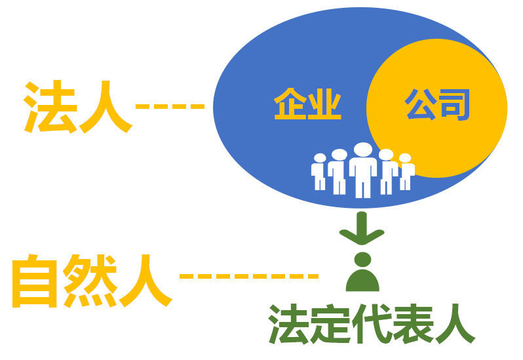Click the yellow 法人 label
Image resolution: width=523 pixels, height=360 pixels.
tap(78, 107)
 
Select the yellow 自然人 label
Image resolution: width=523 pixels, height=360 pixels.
tap(92, 281)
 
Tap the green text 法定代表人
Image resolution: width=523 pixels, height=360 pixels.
tap(372, 324)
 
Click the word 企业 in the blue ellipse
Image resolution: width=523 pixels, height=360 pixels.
tap(307, 104)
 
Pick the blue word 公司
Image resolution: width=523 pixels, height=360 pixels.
tap(437, 104)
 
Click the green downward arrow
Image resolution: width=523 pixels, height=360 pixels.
tap(362, 228)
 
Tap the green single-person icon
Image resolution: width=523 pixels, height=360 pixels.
tap(362, 271)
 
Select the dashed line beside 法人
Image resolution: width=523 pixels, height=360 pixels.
tap(170, 106)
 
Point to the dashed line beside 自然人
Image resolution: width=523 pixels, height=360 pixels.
tap(249, 276)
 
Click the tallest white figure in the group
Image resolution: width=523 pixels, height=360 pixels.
tap(363, 170)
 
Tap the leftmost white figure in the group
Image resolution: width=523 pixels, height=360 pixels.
tap(319, 172)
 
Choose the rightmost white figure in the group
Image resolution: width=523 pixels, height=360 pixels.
tap(406, 172)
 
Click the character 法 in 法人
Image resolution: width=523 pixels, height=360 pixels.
tap(49, 107)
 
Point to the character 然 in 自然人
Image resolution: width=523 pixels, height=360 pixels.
tap(90, 281)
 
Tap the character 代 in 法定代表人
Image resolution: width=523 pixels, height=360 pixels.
tap(372, 324)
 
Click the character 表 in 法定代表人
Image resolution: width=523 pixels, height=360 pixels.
tap(413, 324)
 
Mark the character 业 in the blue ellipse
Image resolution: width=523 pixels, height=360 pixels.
tap(324, 104)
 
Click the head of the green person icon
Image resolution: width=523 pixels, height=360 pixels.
tap(363, 259)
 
